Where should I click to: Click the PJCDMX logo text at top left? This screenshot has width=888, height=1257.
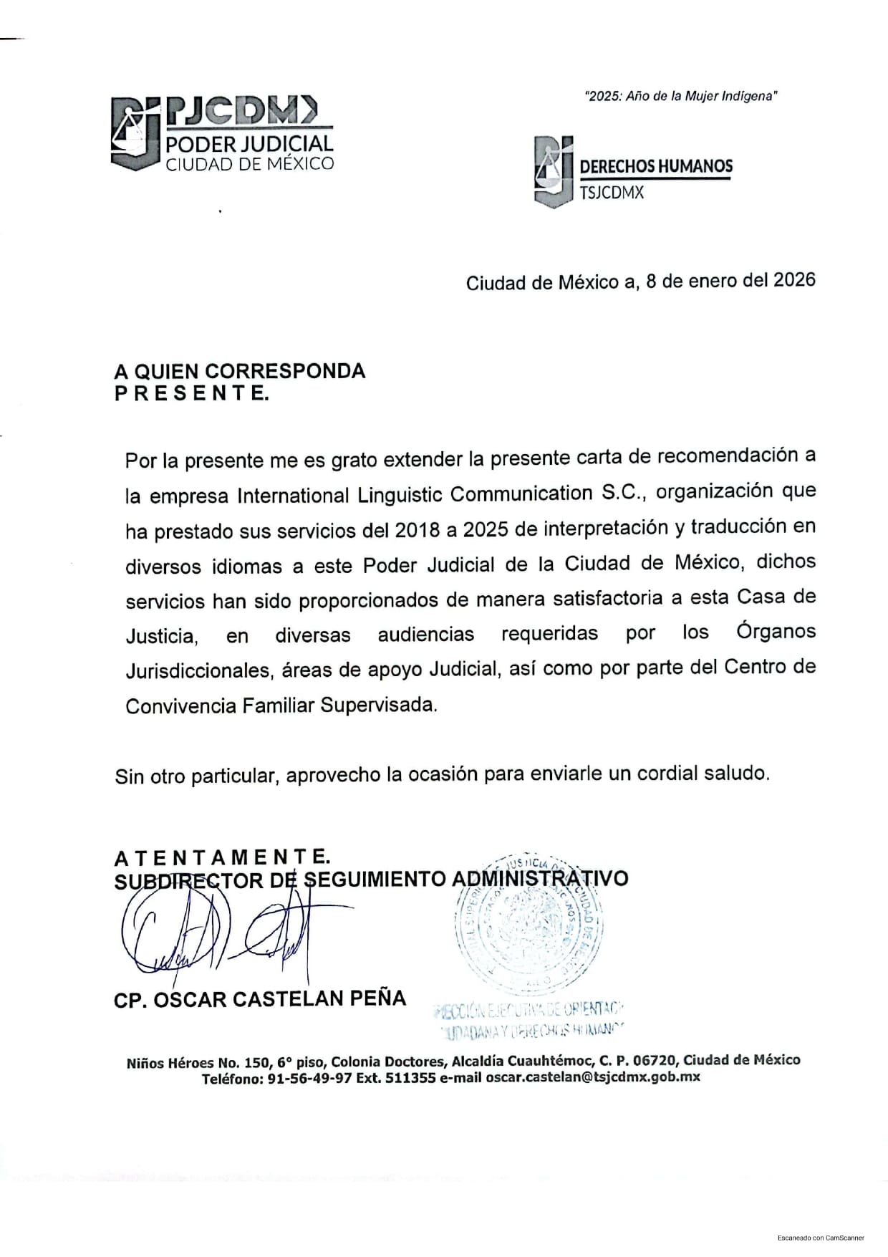click(240, 110)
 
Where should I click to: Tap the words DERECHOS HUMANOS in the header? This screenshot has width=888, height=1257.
click(655, 166)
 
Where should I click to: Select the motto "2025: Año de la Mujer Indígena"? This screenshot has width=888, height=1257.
click(681, 96)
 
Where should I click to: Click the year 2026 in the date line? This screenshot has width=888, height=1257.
click(794, 279)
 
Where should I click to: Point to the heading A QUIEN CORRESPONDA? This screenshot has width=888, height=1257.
click(240, 371)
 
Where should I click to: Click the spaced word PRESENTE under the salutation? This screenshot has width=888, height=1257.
click(192, 393)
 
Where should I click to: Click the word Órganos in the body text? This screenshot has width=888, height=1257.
click(776, 632)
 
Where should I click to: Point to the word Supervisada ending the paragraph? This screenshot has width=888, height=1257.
click(377, 705)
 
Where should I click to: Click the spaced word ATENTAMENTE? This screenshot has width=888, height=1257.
click(222, 857)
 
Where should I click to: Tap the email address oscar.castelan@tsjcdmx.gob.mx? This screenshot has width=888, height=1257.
click(592, 1077)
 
